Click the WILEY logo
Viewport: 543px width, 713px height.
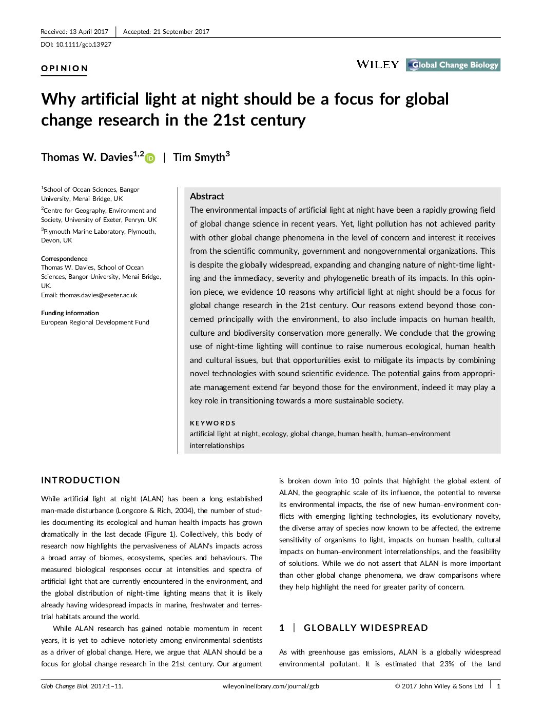[x=377, y=65]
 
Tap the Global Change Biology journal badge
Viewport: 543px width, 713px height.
[x=453, y=65]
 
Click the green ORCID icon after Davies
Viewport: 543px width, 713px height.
[x=150, y=158]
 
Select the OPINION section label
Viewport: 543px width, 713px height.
[x=65, y=68]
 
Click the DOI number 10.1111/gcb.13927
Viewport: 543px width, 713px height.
[x=84, y=45]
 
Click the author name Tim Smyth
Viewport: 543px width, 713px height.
[x=199, y=157]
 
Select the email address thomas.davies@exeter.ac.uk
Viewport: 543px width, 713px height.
[x=98, y=295]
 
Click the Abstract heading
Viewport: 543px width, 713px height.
[x=207, y=196]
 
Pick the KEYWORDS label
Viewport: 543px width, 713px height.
[x=212, y=423]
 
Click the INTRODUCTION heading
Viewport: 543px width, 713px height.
[x=81, y=480]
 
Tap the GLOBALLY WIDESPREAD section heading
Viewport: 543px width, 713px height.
[x=365, y=628]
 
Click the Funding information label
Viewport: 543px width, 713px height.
[x=70, y=313]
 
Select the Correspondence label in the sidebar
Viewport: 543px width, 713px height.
[x=64, y=259]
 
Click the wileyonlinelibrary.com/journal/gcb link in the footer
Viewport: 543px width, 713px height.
[x=271, y=686]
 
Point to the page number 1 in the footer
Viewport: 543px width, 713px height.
[x=498, y=686]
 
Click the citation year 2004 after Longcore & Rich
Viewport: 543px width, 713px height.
[x=183, y=511]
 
